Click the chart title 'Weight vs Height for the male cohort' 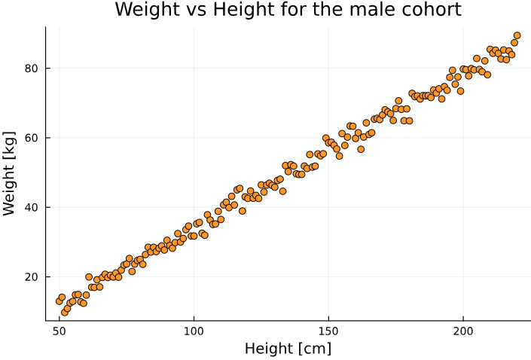click(288, 10)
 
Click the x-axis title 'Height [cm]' click(288, 349)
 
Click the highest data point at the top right click(517, 35)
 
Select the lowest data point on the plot click(65, 313)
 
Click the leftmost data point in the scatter click(60, 301)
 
